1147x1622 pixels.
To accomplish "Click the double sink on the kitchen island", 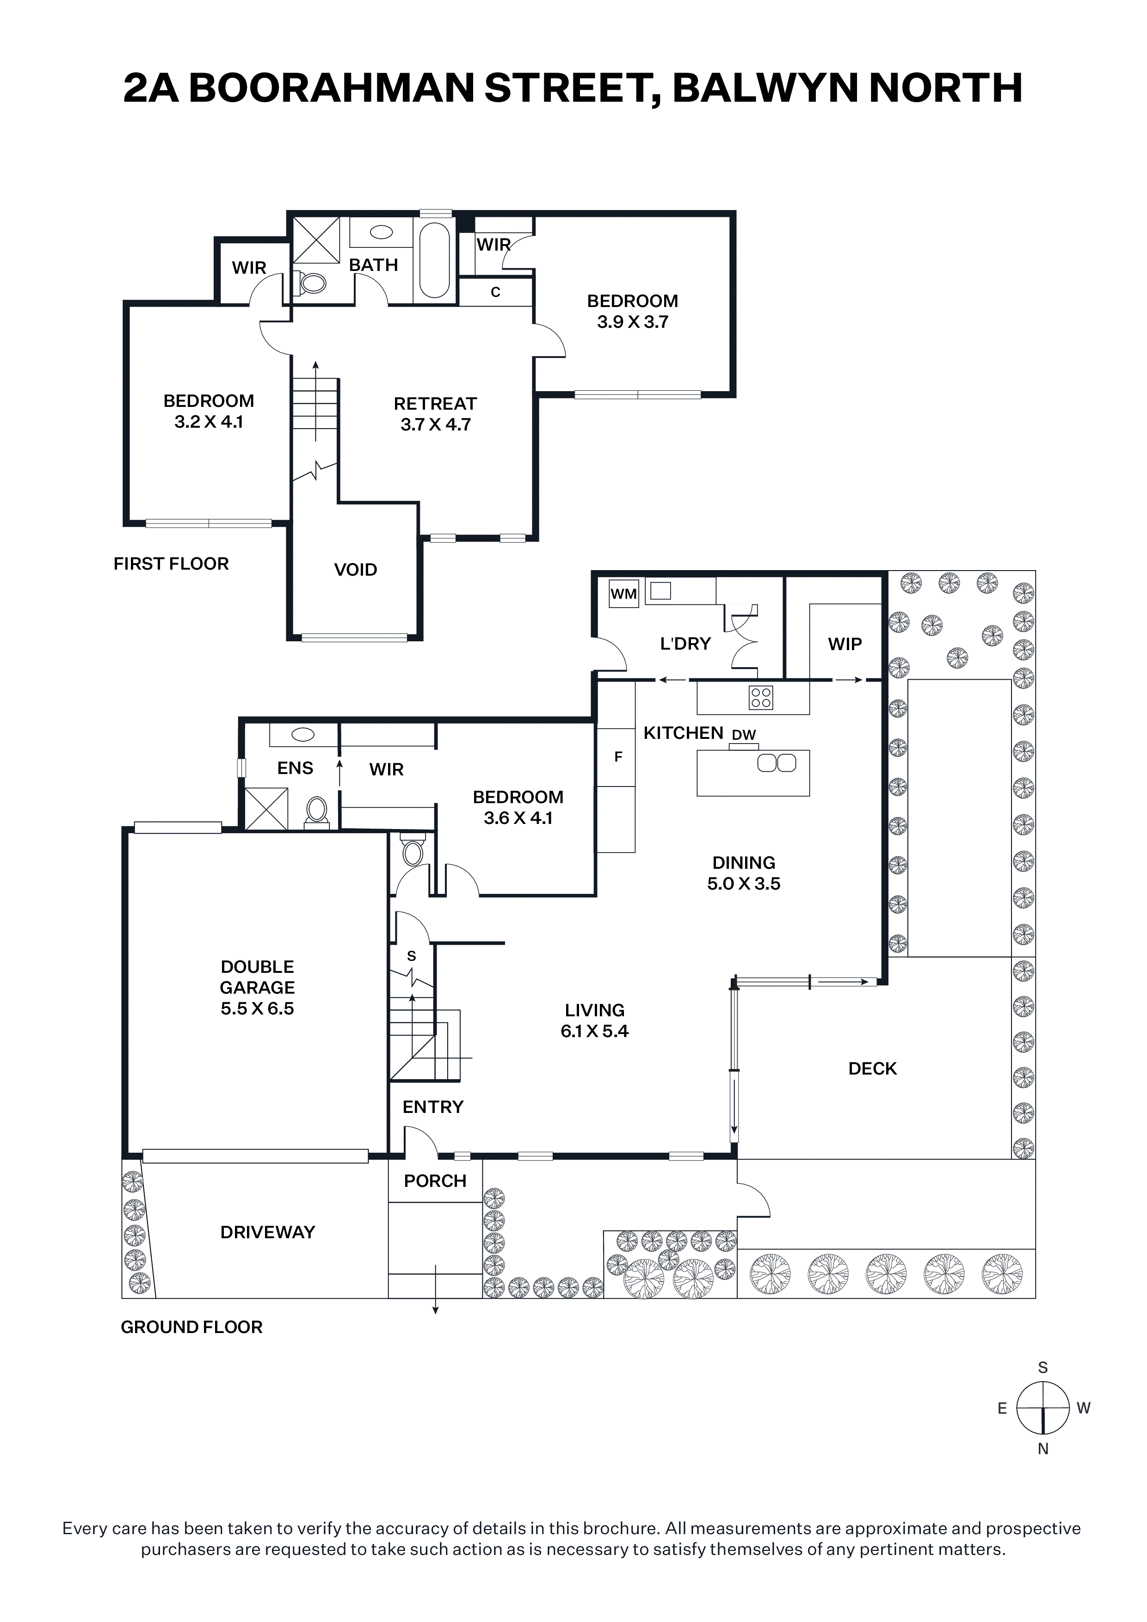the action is (x=777, y=763).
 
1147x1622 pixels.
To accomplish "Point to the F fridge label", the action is (x=618, y=756).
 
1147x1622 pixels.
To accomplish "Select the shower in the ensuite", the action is (x=266, y=809).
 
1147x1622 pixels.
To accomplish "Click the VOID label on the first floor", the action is (x=356, y=569).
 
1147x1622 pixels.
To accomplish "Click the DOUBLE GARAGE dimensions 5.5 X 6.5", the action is (x=257, y=1008).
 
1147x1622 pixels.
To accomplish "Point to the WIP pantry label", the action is (x=845, y=644).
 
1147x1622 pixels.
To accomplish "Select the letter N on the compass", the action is (x=1043, y=1449).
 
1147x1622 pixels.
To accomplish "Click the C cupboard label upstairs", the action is (x=495, y=292).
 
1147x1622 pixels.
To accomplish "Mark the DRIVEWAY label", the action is (x=268, y=1232).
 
